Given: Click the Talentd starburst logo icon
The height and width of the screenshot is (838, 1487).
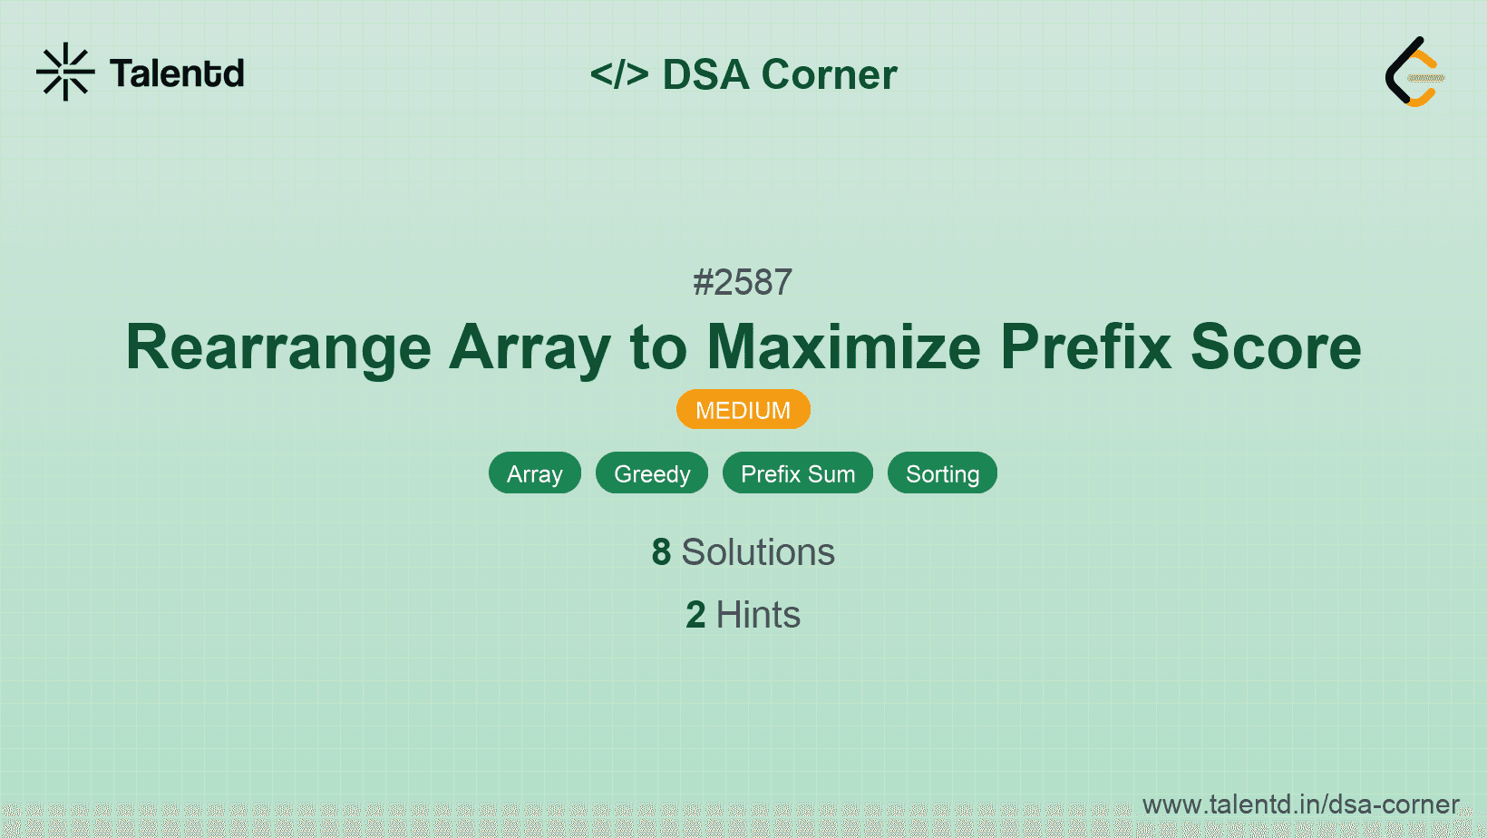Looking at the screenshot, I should click(65, 72).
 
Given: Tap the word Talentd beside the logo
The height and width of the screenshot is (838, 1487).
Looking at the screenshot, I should click(177, 73).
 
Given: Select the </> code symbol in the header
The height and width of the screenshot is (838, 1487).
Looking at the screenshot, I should click(619, 74).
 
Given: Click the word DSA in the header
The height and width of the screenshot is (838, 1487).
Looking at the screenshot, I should click(705, 74).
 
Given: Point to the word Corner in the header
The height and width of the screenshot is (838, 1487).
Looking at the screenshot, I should click(829, 74).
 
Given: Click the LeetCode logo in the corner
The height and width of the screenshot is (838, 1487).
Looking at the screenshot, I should click(1414, 73).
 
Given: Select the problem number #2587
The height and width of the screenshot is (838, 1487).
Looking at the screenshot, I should click(743, 282).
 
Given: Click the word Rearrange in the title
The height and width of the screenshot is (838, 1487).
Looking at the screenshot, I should click(278, 347).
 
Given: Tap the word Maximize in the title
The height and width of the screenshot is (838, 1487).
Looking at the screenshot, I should click(843, 347).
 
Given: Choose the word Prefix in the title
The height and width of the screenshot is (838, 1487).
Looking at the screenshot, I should click(1086, 347).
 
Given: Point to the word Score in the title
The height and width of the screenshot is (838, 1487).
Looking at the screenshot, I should click(1276, 347).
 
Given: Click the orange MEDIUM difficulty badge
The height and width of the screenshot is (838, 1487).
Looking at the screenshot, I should click(743, 410).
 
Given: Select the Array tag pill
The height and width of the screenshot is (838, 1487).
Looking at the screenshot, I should click(535, 473).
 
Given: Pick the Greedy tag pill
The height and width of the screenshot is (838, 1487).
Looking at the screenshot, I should click(652, 473).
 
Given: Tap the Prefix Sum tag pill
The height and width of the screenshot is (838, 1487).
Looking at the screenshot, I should click(798, 473).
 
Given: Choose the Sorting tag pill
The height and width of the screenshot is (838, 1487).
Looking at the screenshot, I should click(942, 473).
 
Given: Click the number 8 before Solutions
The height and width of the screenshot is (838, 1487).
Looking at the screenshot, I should click(661, 552).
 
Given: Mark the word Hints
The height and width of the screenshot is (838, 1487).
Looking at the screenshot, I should click(758, 615).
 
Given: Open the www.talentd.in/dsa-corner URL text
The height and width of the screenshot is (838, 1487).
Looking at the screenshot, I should click(1300, 804).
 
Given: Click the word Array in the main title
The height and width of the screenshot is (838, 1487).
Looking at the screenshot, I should click(530, 347).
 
